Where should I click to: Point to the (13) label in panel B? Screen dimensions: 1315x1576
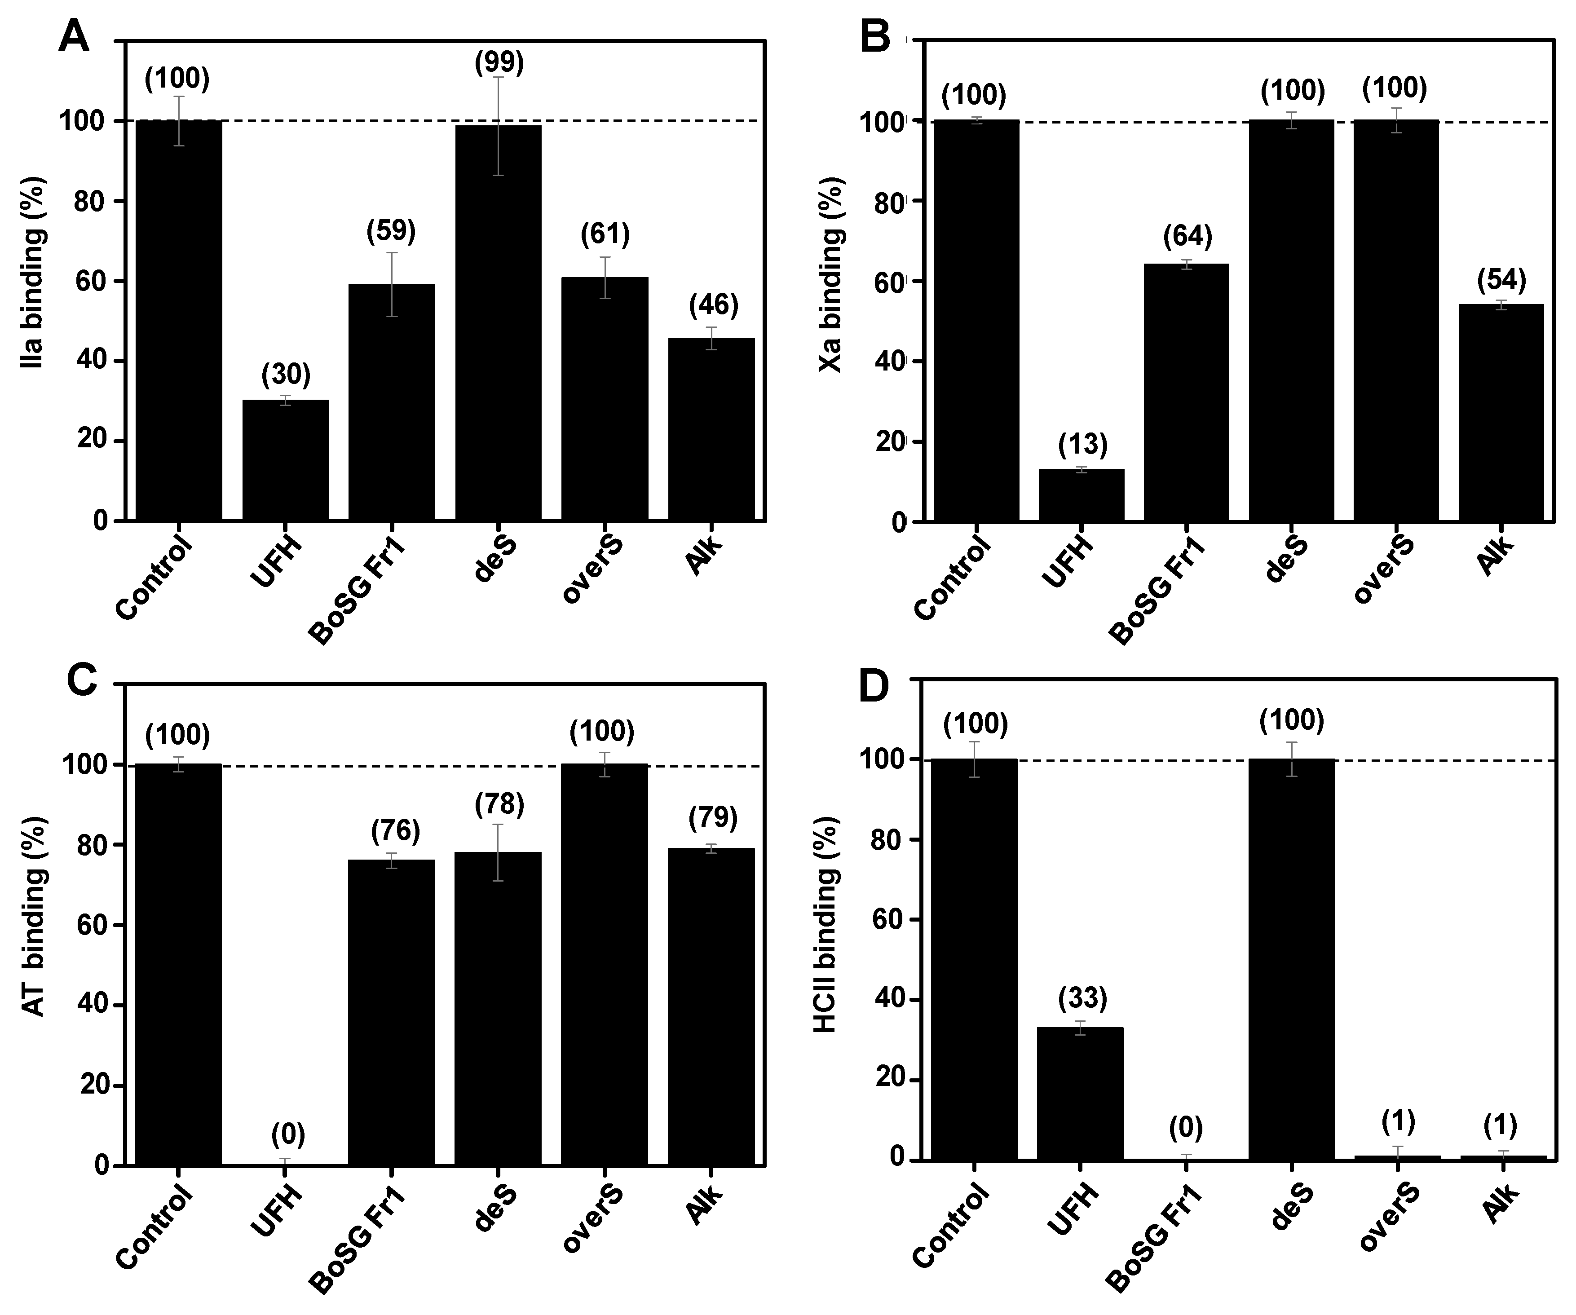pos(1082,444)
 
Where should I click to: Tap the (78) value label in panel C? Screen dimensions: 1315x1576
pos(499,805)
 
